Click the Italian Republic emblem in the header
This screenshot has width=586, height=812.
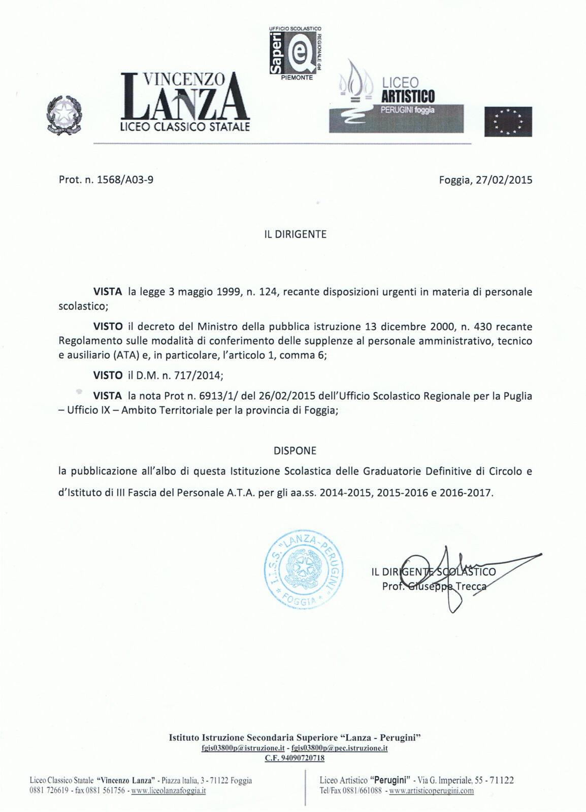[x=64, y=115]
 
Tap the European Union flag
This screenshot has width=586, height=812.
[x=508, y=122]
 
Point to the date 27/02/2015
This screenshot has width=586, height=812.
[x=504, y=180]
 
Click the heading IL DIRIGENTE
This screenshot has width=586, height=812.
[x=295, y=234]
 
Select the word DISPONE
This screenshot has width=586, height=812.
[x=295, y=451]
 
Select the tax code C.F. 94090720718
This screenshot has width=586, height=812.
[x=295, y=758]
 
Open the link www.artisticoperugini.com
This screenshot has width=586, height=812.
[x=431, y=791]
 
